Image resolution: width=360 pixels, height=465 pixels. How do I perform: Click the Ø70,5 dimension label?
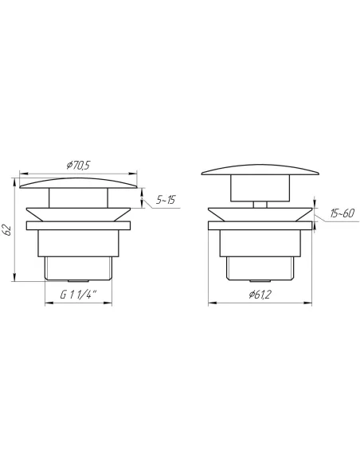(78, 165)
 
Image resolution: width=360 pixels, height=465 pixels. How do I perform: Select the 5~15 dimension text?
(166, 200)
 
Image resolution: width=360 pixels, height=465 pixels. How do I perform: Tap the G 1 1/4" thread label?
(79, 295)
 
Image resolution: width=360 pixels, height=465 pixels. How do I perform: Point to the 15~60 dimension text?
(342, 213)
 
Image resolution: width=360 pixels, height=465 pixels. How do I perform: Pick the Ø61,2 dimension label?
(260, 295)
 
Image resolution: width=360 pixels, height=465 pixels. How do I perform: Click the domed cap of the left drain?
(78, 183)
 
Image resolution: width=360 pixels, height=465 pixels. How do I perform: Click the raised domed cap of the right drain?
(260, 170)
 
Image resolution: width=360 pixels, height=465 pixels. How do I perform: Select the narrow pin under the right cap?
(260, 205)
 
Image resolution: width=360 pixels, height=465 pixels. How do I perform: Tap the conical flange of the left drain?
(78, 214)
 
